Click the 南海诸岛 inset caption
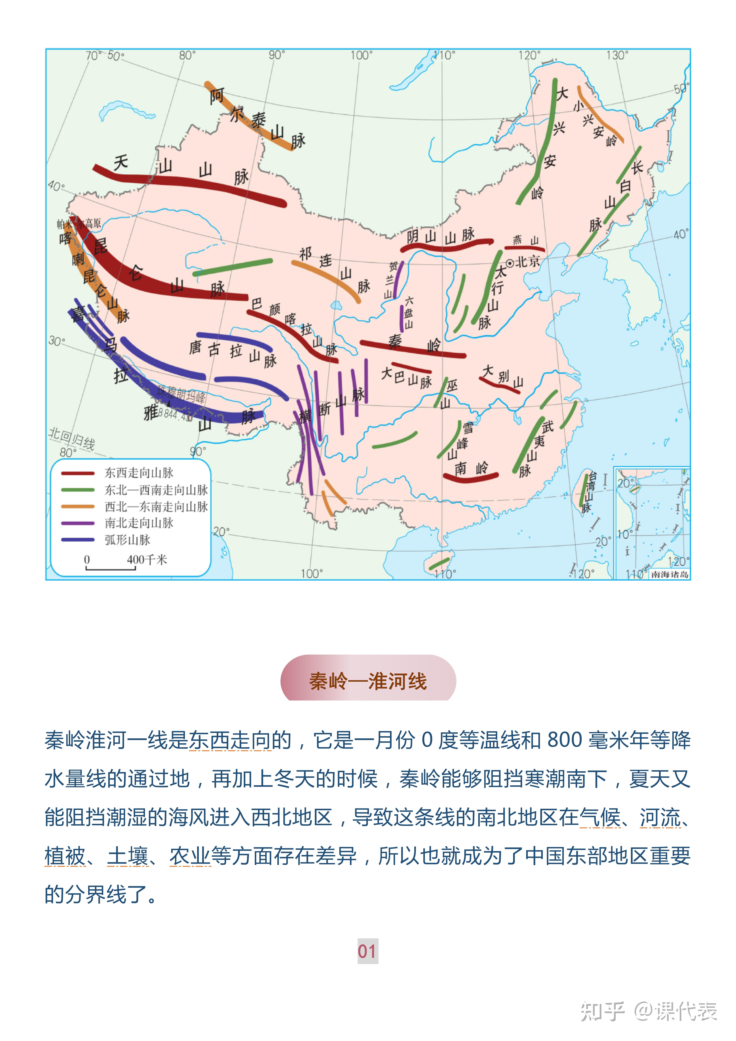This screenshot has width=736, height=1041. [669, 575]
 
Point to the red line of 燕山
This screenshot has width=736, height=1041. [524, 248]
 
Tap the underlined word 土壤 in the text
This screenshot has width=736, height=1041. [127, 856]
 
